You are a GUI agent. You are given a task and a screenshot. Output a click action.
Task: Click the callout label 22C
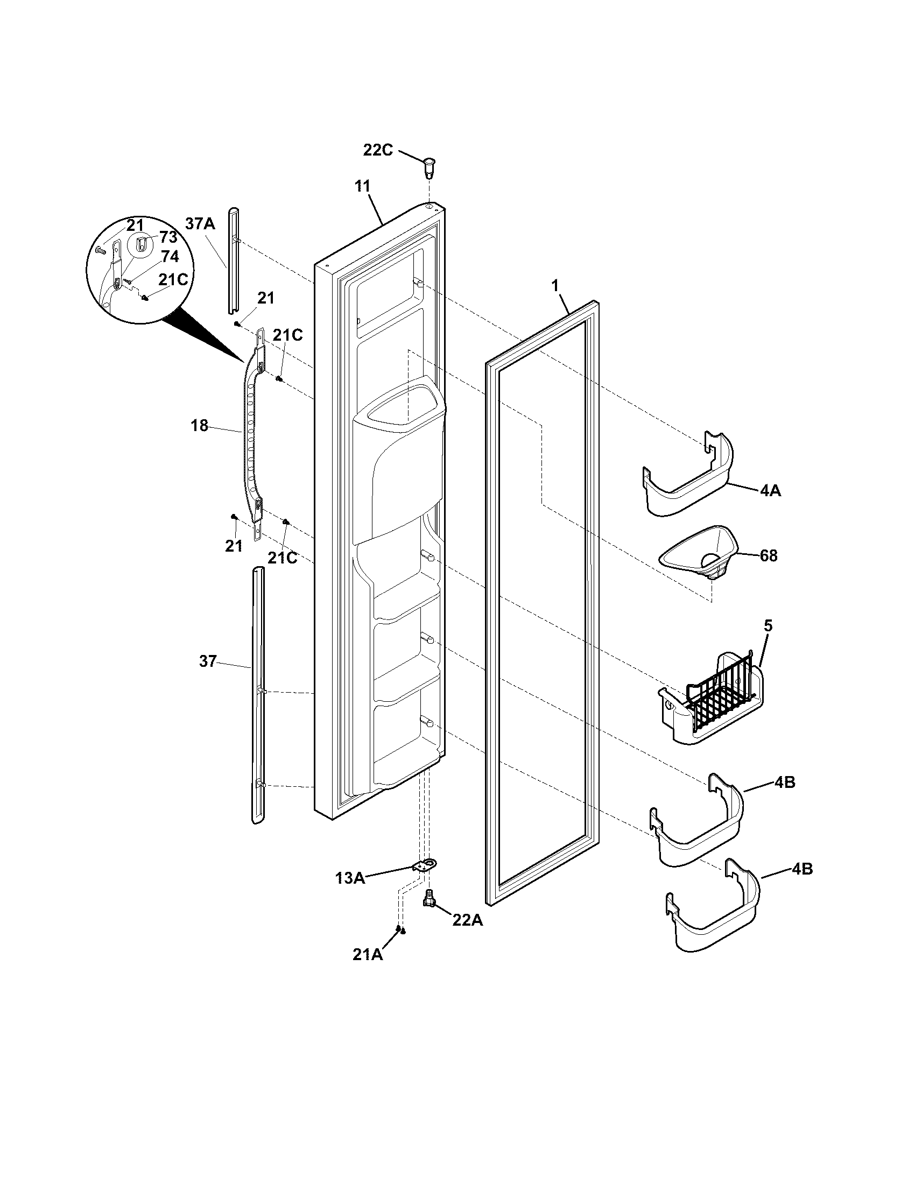click(x=378, y=150)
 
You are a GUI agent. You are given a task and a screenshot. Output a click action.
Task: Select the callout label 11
click(x=362, y=186)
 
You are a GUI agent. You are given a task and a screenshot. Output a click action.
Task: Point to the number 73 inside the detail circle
click(x=168, y=238)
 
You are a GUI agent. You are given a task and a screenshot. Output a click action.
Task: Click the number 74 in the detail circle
click(x=170, y=256)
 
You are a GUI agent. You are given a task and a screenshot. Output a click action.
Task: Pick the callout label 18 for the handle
click(x=200, y=426)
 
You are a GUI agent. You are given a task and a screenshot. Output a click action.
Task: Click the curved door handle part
click(x=250, y=434)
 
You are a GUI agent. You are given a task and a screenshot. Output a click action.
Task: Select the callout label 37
click(x=208, y=661)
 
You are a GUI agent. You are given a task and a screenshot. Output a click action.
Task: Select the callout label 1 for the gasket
click(x=554, y=288)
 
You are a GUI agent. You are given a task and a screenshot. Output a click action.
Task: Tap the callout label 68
click(x=768, y=556)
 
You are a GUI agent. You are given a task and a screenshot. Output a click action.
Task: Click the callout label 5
click(x=768, y=625)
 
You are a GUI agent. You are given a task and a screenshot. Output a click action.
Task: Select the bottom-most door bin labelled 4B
click(x=713, y=913)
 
